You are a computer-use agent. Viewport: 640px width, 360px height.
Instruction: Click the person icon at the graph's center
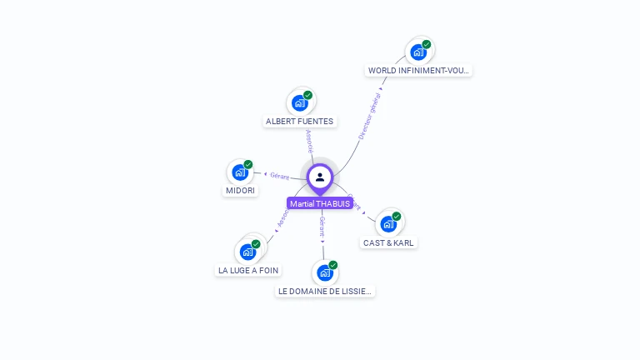tap(320, 177)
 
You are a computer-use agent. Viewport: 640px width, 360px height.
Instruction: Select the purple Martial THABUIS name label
tap(320, 203)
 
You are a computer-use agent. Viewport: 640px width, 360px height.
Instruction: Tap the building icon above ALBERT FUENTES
tap(299, 103)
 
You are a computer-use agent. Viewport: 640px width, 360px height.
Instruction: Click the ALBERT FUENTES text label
tap(299, 122)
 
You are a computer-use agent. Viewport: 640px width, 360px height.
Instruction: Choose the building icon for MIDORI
tap(240, 172)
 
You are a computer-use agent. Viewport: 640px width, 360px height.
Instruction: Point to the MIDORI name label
tap(240, 191)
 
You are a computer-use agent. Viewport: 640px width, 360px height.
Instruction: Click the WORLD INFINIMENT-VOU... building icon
tap(418, 52)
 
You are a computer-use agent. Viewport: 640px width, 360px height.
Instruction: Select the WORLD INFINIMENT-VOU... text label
tap(419, 71)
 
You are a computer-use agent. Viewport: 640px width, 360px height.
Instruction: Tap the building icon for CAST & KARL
tap(388, 223)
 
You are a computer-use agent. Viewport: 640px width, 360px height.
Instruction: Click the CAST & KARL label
tap(388, 243)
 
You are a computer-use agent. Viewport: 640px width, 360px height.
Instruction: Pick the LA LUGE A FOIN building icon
tap(247, 251)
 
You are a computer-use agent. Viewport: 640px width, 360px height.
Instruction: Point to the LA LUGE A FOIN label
tap(248, 271)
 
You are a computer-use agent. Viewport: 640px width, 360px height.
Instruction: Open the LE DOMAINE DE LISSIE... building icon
tap(325, 272)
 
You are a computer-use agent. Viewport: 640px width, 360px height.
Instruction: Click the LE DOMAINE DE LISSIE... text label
tap(326, 292)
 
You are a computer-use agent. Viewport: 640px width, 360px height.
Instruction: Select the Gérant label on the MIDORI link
tap(279, 176)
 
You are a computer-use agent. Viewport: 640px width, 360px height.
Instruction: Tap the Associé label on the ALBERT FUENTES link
tap(310, 141)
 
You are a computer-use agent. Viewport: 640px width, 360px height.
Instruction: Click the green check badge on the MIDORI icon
tap(248, 164)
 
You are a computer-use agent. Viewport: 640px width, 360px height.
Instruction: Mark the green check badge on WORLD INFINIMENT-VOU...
tap(427, 44)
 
